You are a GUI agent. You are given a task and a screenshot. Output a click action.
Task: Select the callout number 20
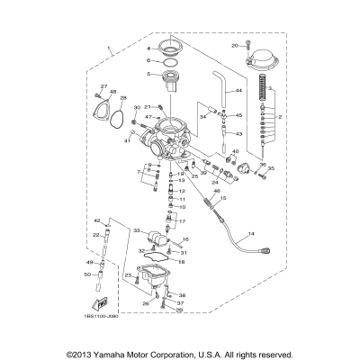pos(235,44)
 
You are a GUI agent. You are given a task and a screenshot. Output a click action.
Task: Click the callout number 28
pos(122,98)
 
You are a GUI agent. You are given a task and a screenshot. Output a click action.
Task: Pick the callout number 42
pos(96,220)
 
